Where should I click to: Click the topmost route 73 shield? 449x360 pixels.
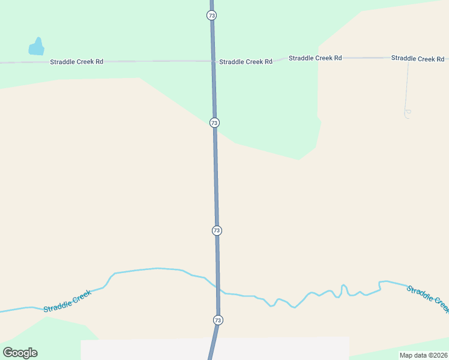(x=211, y=15)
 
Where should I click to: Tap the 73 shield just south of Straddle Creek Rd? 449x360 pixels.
(x=214, y=122)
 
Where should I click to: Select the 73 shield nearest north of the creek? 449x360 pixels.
(x=217, y=230)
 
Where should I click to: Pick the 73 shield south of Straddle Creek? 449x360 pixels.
(x=217, y=320)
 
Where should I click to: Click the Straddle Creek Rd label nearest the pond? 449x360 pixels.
(x=77, y=62)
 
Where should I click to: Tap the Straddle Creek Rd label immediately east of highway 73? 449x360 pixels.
(x=246, y=62)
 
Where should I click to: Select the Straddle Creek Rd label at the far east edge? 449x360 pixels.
(x=418, y=58)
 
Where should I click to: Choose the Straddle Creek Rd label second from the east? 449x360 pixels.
(x=315, y=58)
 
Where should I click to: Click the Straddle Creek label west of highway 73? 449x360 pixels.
(x=67, y=301)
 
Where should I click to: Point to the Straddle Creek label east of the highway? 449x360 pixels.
(x=427, y=298)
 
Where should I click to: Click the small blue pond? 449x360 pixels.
(x=37, y=47)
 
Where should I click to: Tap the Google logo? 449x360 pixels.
(x=20, y=353)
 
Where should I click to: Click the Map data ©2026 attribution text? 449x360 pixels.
(x=423, y=355)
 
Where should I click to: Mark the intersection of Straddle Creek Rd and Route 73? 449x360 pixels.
(x=213, y=61)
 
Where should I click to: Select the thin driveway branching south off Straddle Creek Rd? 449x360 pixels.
(x=407, y=87)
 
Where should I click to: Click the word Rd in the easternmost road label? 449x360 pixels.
(x=440, y=59)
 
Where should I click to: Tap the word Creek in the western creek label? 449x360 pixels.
(x=81, y=296)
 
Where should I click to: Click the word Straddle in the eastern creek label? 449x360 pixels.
(x=418, y=293)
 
